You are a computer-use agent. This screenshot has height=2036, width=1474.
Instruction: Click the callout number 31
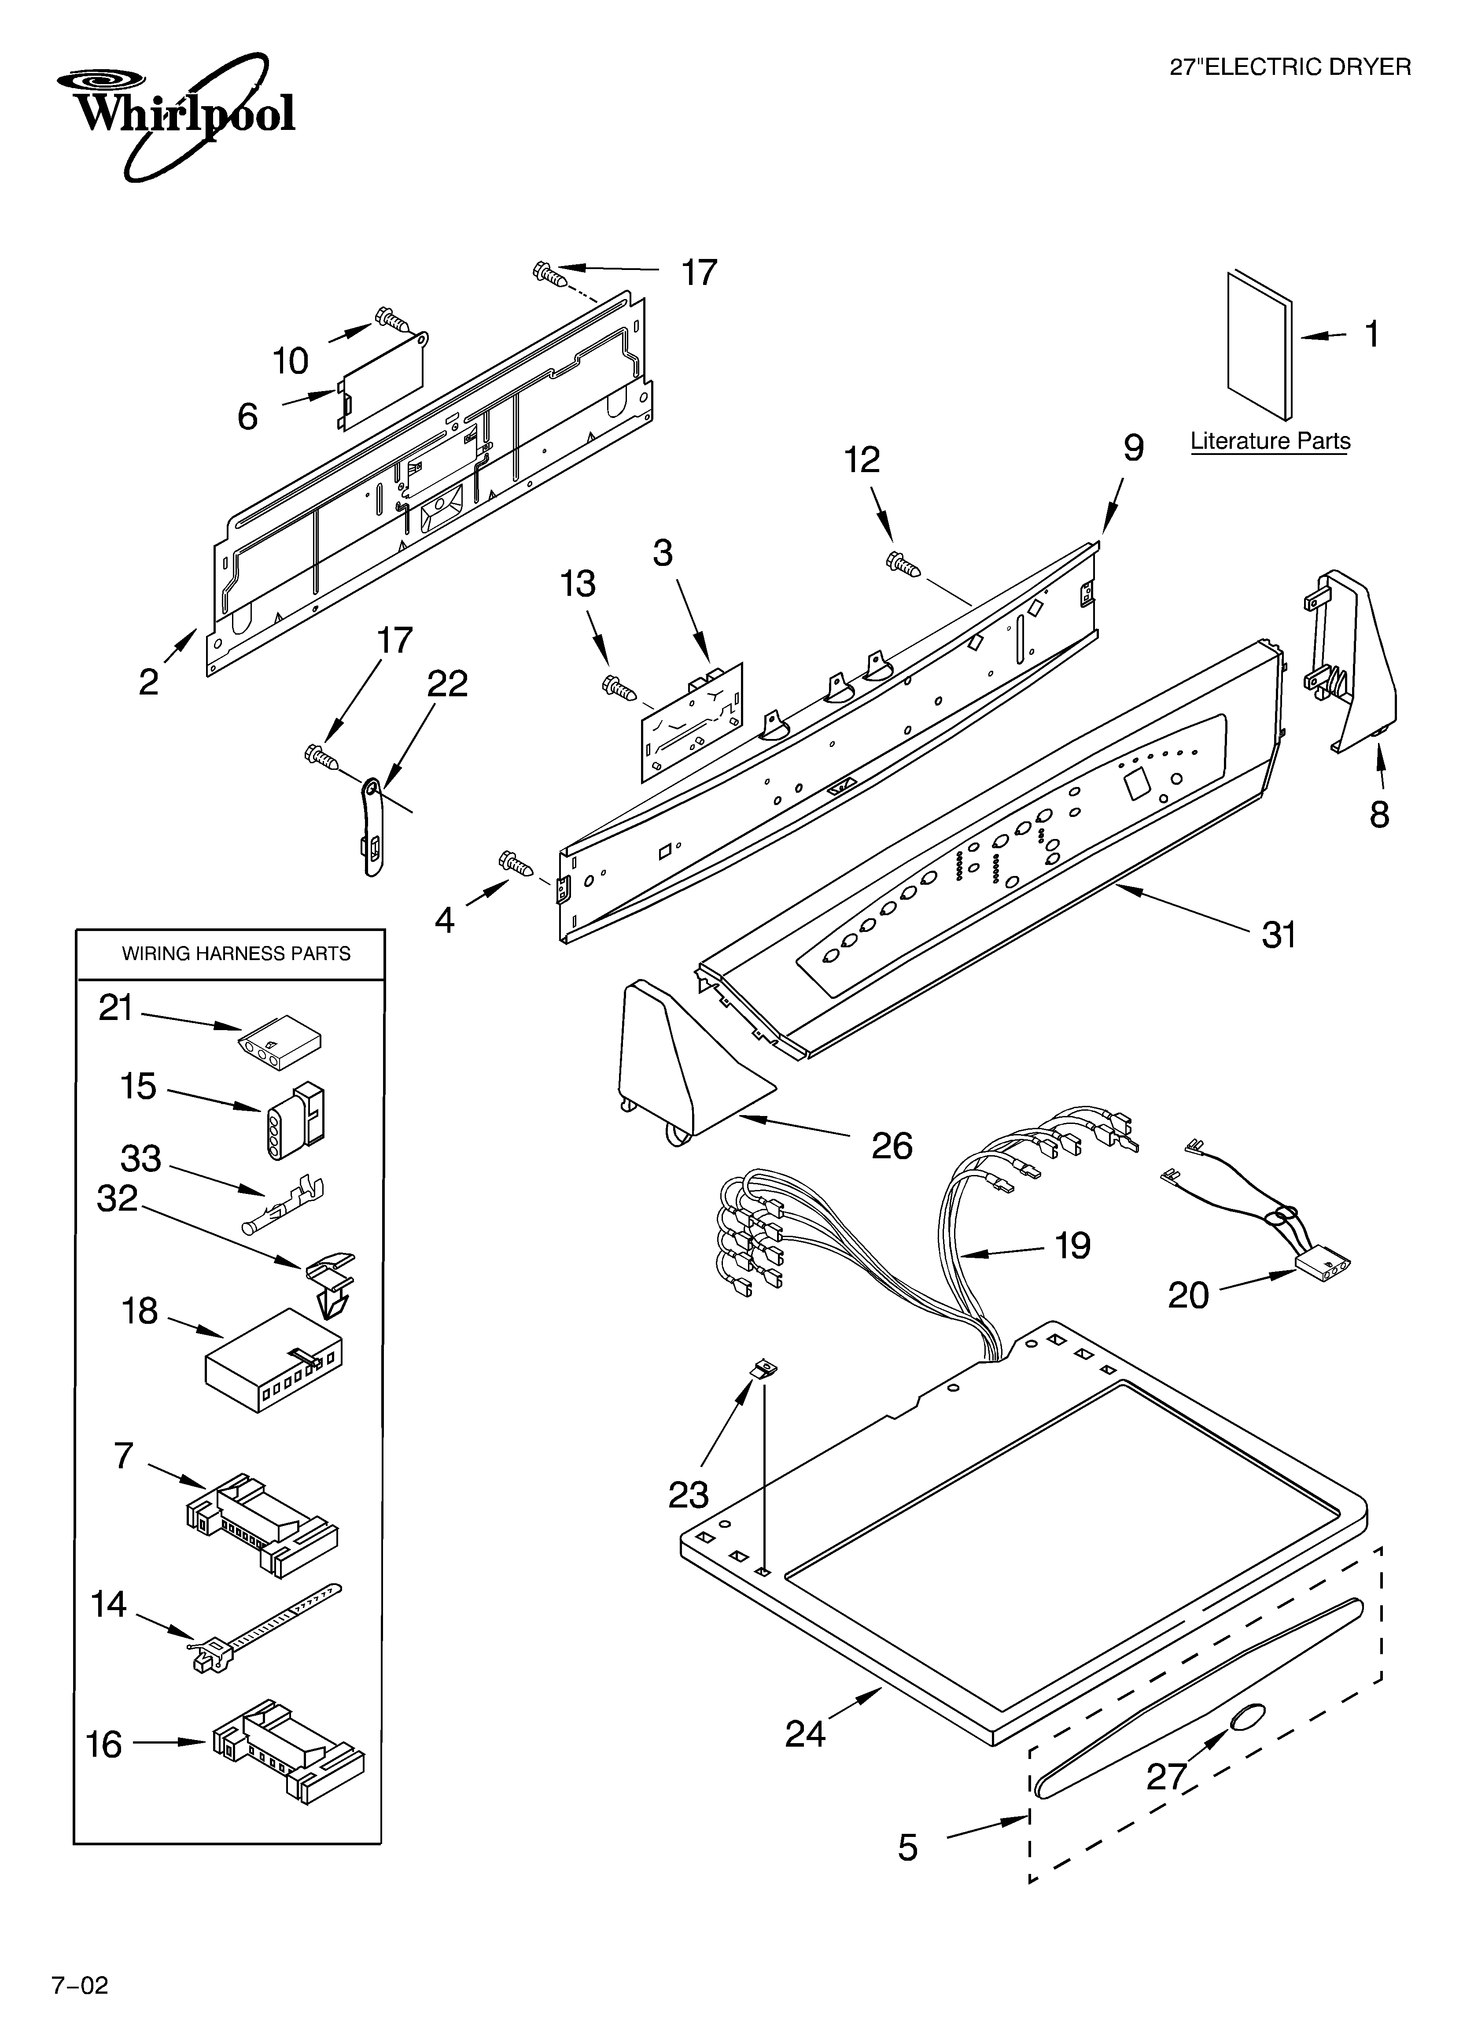click(x=1279, y=935)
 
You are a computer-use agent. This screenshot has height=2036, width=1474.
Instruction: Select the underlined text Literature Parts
click(x=1269, y=442)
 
